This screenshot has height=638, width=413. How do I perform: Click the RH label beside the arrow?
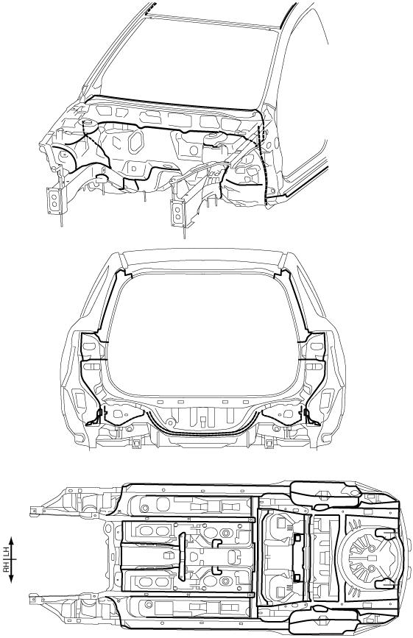pyautogui.click(x=7, y=567)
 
